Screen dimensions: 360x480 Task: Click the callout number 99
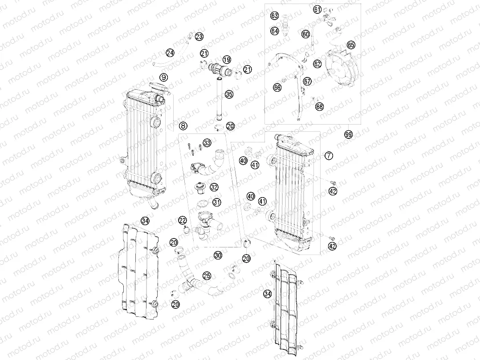(x=348, y=134)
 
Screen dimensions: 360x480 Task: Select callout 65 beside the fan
(x=351, y=45)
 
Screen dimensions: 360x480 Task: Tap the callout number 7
(x=328, y=155)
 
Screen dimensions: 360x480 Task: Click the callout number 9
(x=164, y=77)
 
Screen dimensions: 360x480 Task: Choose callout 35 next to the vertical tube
(x=228, y=94)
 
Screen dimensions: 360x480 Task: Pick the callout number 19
(x=227, y=60)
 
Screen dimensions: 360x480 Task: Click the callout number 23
(x=199, y=36)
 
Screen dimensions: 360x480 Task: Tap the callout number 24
(x=170, y=53)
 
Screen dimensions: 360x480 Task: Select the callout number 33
(x=207, y=142)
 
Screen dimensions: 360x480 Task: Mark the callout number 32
(x=214, y=187)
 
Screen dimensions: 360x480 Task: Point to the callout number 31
(x=216, y=202)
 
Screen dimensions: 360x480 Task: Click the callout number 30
(x=217, y=255)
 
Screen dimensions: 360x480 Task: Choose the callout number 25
(x=207, y=276)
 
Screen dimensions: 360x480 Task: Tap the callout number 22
(x=183, y=220)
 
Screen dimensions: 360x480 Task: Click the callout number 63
(x=275, y=16)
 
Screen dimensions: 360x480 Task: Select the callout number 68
(x=319, y=106)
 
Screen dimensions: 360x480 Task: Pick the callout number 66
(x=277, y=88)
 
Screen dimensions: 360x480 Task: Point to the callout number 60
(x=305, y=34)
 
